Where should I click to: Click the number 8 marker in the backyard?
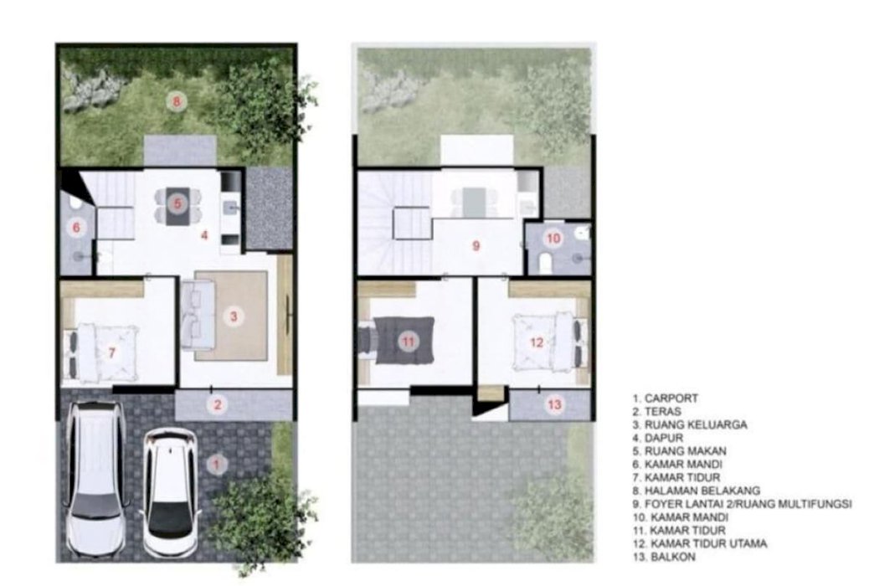pyautogui.click(x=177, y=101)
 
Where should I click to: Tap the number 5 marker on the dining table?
pyautogui.click(x=177, y=203)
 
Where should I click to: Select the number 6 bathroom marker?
pyautogui.click(x=76, y=228)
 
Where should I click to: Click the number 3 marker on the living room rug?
pyautogui.click(x=234, y=316)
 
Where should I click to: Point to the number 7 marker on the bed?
pyautogui.click(x=112, y=352)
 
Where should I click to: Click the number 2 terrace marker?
pyautogui.click(x=218, y=404)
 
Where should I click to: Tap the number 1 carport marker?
pyautogui.click(x=218, y=464)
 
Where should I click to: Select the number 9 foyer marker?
pyautogui.click(x=476, y=245)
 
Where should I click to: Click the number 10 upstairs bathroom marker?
pyautogui.click(x=553, y=239)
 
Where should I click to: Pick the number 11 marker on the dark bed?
pyautogui.click(x=409, y=341)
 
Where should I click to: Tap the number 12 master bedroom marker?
pyautogui.click(x=537, y=342)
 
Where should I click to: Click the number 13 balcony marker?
pyautogui.click(x=554, y=404)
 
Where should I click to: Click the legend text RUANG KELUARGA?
pyautogui.click(x=696, y=424)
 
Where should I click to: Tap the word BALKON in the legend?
pyautogui.click(x=673, y=557)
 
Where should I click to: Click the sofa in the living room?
pyautogui.click(x=196, y=315)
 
